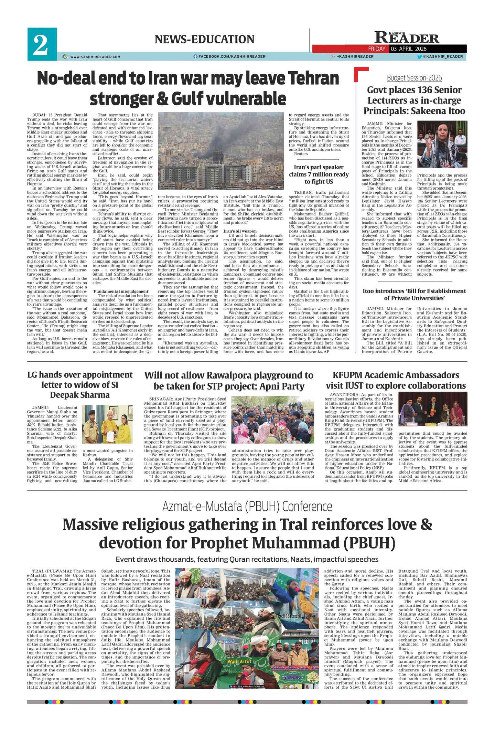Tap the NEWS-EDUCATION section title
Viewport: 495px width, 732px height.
pos(204,40)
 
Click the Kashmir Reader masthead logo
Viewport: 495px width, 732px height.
pos(406,37)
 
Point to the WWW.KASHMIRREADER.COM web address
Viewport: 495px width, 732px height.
pos(95,57)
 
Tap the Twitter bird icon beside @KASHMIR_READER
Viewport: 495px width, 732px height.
pos(419,56)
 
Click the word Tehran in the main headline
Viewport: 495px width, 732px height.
pos(313,78)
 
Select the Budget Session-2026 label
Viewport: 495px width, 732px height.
pos(414,78)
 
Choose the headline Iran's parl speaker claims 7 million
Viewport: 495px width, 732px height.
pos(319,174)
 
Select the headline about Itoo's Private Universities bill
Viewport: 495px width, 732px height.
pos(414,294)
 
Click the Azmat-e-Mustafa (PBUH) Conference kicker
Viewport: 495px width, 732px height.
pos(247,507)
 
